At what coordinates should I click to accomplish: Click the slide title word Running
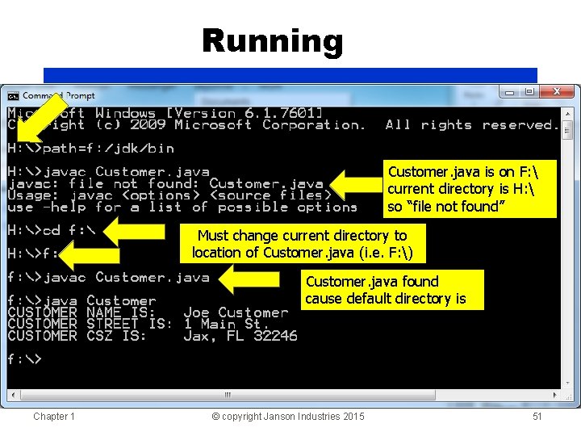(x=273, y=40)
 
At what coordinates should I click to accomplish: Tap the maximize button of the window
(x=529, y=92)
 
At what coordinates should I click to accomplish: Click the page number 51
(x=537, y=417)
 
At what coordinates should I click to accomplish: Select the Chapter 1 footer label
(x=54, y=417)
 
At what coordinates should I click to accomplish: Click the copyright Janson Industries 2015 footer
(x=287, y=417)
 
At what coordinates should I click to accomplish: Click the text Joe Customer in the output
(x=236, y=312)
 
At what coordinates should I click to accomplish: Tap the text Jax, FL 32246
(x=240, y=336)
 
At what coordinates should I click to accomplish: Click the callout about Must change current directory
(x=303, y=244)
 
